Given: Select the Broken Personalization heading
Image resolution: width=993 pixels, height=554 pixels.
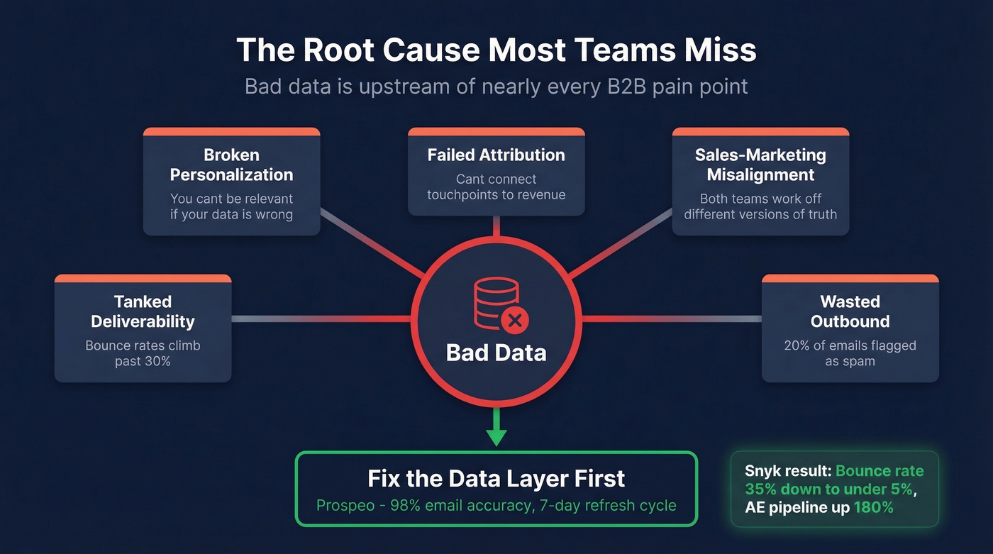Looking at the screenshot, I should click(231, 165).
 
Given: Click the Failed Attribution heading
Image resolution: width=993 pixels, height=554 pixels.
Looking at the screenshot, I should click(496, 155).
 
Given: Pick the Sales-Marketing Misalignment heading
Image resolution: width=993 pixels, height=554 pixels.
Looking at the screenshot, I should click(760, 165).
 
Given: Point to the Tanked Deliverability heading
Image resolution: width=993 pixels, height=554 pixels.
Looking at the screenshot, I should click(143, 311).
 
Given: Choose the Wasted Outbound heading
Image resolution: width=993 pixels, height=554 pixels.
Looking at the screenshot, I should click(850, 311).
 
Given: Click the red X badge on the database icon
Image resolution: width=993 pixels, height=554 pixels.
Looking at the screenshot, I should click(515, 321).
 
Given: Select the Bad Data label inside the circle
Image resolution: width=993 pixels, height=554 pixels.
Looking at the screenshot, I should click(496, 353).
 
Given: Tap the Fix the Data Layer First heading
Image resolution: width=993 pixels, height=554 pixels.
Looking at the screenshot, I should click(496, 478).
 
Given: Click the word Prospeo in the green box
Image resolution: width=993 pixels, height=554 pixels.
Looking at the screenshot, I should click(344, 506).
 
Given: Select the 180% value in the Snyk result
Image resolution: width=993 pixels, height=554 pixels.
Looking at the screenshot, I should click(874, 507).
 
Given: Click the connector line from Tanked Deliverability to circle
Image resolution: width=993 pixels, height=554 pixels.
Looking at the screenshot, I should click(321, 319).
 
